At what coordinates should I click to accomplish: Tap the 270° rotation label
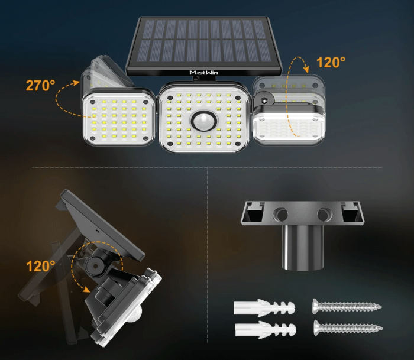point(41,85)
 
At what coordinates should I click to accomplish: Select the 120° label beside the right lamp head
point(331,63)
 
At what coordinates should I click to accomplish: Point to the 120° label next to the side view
point(41,266)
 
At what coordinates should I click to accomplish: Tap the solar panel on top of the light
point(204,41)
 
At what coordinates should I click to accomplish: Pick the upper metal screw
point(346,307)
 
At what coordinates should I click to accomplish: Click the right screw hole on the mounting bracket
point(323,213)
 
